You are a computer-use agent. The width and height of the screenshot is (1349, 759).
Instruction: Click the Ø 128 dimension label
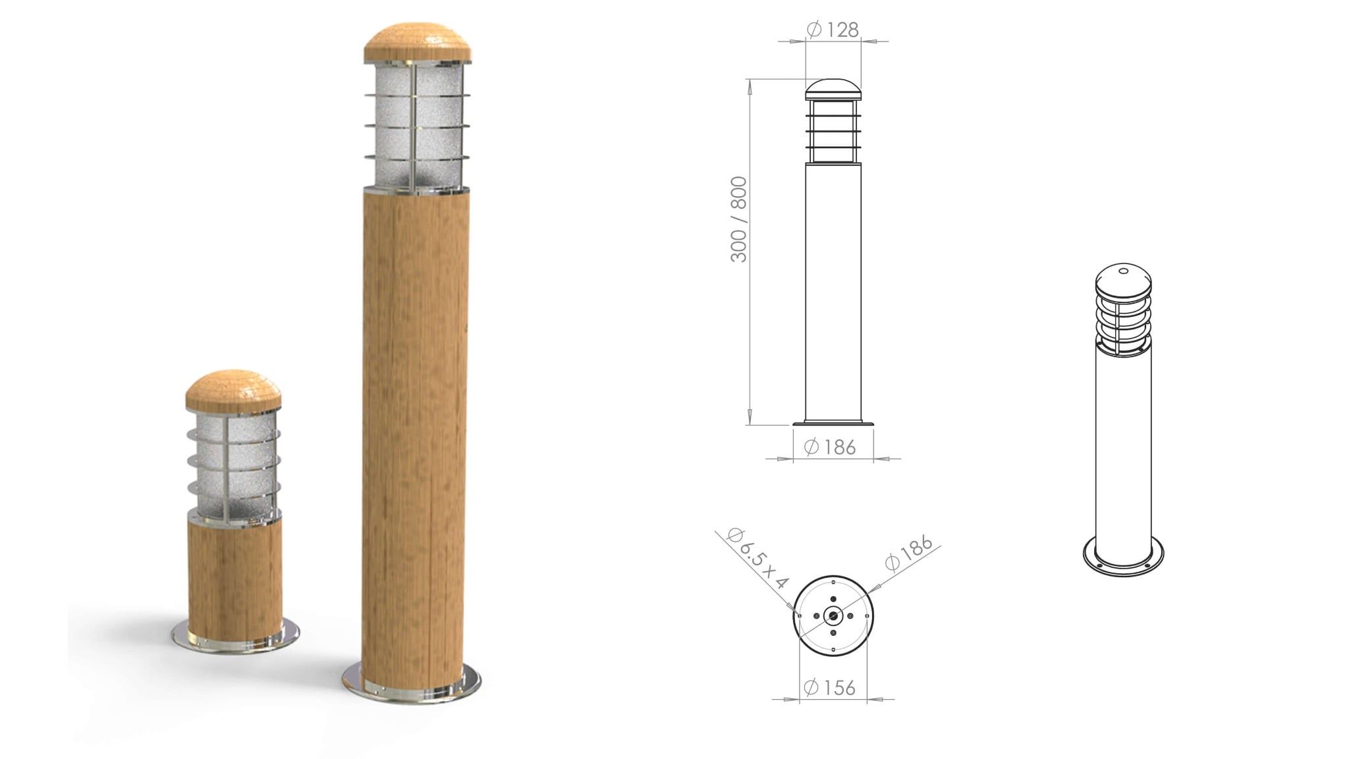pos(833,30)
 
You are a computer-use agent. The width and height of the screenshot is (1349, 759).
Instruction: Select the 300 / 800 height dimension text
pos(739,219)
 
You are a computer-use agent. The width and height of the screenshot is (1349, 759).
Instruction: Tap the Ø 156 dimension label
pos(830,688)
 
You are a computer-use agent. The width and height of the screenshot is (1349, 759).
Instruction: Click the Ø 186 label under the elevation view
pos(831,447)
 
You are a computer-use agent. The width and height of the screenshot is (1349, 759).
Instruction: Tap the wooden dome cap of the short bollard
pos(234,389)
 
